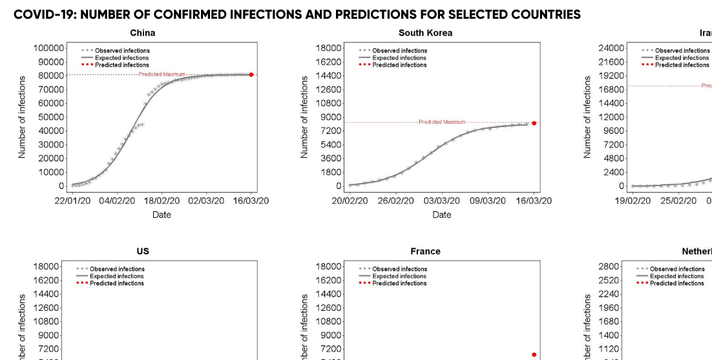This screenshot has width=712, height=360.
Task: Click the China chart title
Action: click(142, 33)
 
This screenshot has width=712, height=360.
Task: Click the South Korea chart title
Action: click(425, 33)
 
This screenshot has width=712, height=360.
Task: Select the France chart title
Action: click(425, 251)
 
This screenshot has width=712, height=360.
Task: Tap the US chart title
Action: click(143, 251)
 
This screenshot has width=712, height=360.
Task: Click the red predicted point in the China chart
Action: click(251, 75)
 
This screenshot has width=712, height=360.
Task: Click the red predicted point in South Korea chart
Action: click(534, 123)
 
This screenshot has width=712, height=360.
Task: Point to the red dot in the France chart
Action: click(534, 354)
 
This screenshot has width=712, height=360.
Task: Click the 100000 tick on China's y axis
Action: click(48, 48)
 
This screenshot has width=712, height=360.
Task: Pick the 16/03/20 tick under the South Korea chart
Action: click(534, 201)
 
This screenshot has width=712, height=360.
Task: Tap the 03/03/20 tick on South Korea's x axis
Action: click(442, 201)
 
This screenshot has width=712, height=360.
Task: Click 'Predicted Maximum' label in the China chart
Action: click(162, 74)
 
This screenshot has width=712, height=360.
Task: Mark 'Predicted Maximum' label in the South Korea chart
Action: click(442, 122)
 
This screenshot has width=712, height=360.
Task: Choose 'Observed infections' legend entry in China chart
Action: click(122, 50)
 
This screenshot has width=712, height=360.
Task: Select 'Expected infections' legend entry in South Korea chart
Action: click(399, 58)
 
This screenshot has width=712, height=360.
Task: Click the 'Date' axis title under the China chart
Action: click(162, 215)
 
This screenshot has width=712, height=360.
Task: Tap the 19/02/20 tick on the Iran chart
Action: click(633, 201)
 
